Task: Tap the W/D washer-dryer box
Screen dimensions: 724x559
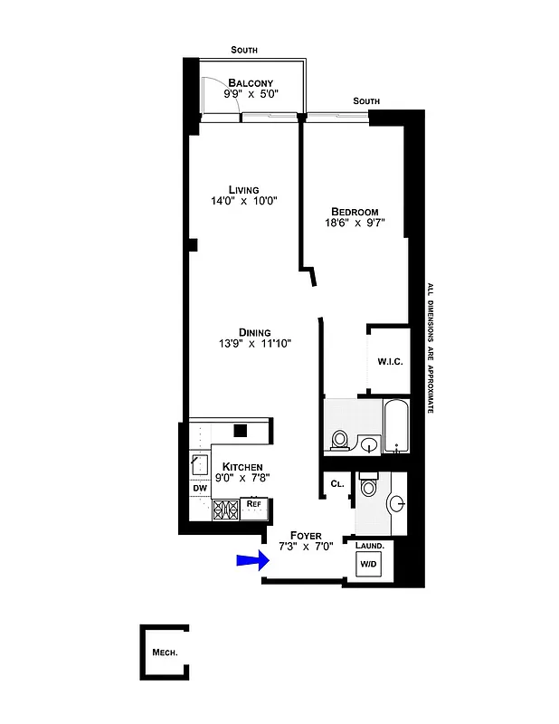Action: [x=369, y=564]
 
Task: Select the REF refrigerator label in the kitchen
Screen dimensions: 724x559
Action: [x=254, y=503]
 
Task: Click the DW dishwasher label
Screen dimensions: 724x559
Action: [x=199, y=490]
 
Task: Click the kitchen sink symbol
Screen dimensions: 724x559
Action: [x=200, y=463]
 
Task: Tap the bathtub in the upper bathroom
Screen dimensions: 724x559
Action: [x=395, y=427]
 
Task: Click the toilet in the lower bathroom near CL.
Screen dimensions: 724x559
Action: [x=368, y=488]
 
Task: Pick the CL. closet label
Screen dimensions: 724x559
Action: [x=337, y=484]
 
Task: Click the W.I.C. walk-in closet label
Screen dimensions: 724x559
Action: [x=389, y=362]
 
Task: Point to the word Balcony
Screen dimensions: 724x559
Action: [x=251, y=82]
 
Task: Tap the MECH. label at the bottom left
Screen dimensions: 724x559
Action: [x=164, y=653]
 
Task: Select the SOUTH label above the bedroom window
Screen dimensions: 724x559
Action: [x=366, y=100]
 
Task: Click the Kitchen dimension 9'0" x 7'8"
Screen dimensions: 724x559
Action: [x=241, y=478]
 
